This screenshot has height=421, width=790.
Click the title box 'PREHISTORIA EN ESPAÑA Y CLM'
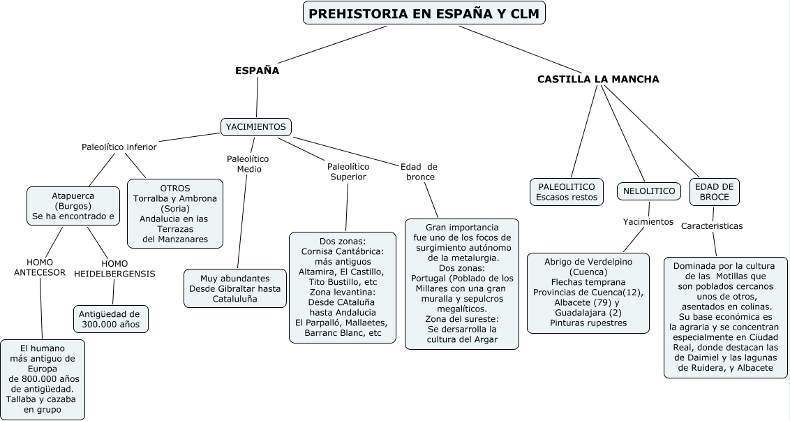click(x=424, y=14)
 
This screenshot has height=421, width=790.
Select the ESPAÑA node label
click(x=257, y=71)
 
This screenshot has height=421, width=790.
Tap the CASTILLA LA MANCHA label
click(x=598, y=79)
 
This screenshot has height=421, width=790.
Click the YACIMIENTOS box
click(x=256, y=126)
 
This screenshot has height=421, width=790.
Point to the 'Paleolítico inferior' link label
click(x=119, y=147)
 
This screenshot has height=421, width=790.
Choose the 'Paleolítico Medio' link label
click(x=248, y=164)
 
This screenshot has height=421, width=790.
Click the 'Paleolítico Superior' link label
click(x=348, y=172)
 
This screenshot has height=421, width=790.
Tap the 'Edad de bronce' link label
click(x=419, y=172)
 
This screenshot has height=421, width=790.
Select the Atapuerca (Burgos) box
click(x=73, y=206)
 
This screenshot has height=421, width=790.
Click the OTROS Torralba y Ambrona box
click(x=175, y=214)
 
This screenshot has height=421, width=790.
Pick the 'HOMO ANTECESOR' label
click(x=40, y=267)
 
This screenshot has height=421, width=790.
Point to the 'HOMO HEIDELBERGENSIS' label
click(x=114, y=269)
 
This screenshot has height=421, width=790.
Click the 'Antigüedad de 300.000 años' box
click(x=110, y=319)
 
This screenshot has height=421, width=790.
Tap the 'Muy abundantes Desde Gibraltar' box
click(x=235, y=288)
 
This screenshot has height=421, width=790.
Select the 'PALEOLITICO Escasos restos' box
click(x=567, y=192)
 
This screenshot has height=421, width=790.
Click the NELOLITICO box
click(x=648, y=191)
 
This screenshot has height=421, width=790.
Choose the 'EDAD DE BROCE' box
click(x=715, y=192)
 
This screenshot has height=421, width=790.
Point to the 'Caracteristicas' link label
click(x=712, y=226)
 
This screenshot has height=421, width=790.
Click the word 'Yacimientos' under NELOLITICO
click(x=648, y=222)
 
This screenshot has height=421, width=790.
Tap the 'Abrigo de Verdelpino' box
click(x=588, y=292)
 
